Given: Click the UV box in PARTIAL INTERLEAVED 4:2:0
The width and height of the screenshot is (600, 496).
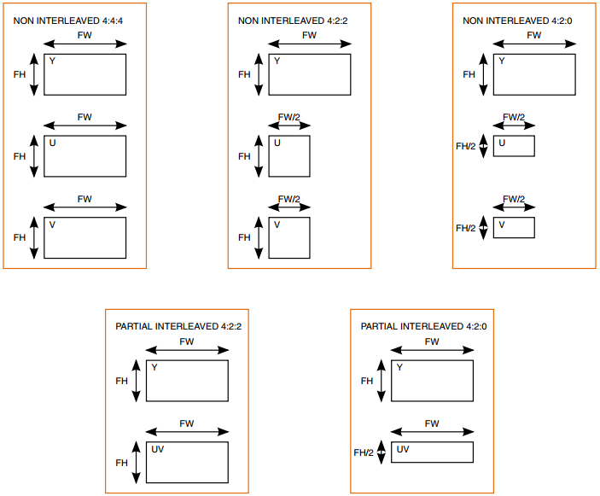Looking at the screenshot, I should pyautogui.click(x=432, y=452).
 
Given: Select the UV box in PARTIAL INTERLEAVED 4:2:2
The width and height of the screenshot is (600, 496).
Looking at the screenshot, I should pyautogui.click(x=187, y=462).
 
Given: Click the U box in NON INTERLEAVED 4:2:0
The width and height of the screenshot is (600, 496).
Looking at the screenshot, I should pyautogui.click(x=514, y=146).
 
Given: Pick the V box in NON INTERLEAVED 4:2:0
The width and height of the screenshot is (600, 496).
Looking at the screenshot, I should pyautogui.click(x=514, y=228).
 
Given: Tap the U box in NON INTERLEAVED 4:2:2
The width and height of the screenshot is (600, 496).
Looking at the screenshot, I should pyautogui.click(x=289, y=156).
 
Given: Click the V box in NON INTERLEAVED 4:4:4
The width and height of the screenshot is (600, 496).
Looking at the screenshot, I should pyautogui.click(x=85, y=237).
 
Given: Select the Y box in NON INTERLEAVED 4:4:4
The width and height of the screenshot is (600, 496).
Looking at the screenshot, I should pyautogui.click(x=85, y=74).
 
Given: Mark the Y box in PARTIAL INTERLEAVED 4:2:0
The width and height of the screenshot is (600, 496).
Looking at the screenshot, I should pyautogui.click(x=432, y=381).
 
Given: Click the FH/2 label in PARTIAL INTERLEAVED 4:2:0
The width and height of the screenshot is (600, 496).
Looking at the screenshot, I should pyautogui.click(x=364, y=452).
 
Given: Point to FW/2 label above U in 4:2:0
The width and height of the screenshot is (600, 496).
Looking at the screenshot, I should pyautogui.click(x=514, y=117).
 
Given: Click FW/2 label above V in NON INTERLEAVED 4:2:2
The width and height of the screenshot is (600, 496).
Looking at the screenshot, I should pyautogui.click(x=289, y=199).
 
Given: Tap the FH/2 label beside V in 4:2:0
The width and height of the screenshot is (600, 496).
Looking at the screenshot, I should pyautogui.click(x=465, y=228).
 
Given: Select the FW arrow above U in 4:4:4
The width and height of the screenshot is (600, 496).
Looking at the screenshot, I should pyautogui.click(x=85, y=126).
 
